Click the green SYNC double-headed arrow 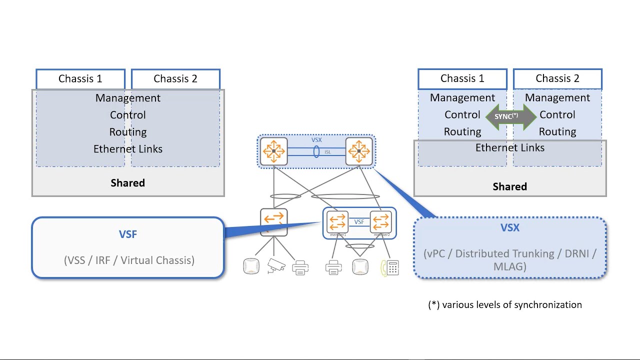pyautogui.click(x=510, y=116)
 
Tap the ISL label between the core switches pyautogui.click(x=328, y=152)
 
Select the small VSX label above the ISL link pyautogui.click(x=316, y=140)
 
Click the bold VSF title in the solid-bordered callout pyautogui.click(x=128, y=234)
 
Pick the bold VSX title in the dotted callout pyautogui.click(x=510, y=228)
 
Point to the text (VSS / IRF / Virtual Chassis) pyautogui.click(x=129, y=260)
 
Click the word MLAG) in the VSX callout pyautogui.click(x=509, y=266)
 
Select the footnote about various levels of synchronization pyautogui.click(x=505, y=304)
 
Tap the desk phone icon pyautogui.click(x=390, y=267)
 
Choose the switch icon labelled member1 pyautogui.click(x=337, y=221)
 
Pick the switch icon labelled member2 pyautogui.click(x=381, y=221)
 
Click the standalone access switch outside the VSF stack pyautogui.click(x=274, y=221)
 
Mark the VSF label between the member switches pyautogui.click(x=359, y=222)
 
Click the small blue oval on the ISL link pyautogui.click(x=316, y=151)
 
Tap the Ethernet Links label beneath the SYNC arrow pyautogui.click(x=510, y=147)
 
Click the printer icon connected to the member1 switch pyautogui.click(x=333, y=267)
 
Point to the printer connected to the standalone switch pyautogui.click(x=300, y=267)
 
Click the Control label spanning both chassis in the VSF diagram pyautogui.click(x=128, y=115)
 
